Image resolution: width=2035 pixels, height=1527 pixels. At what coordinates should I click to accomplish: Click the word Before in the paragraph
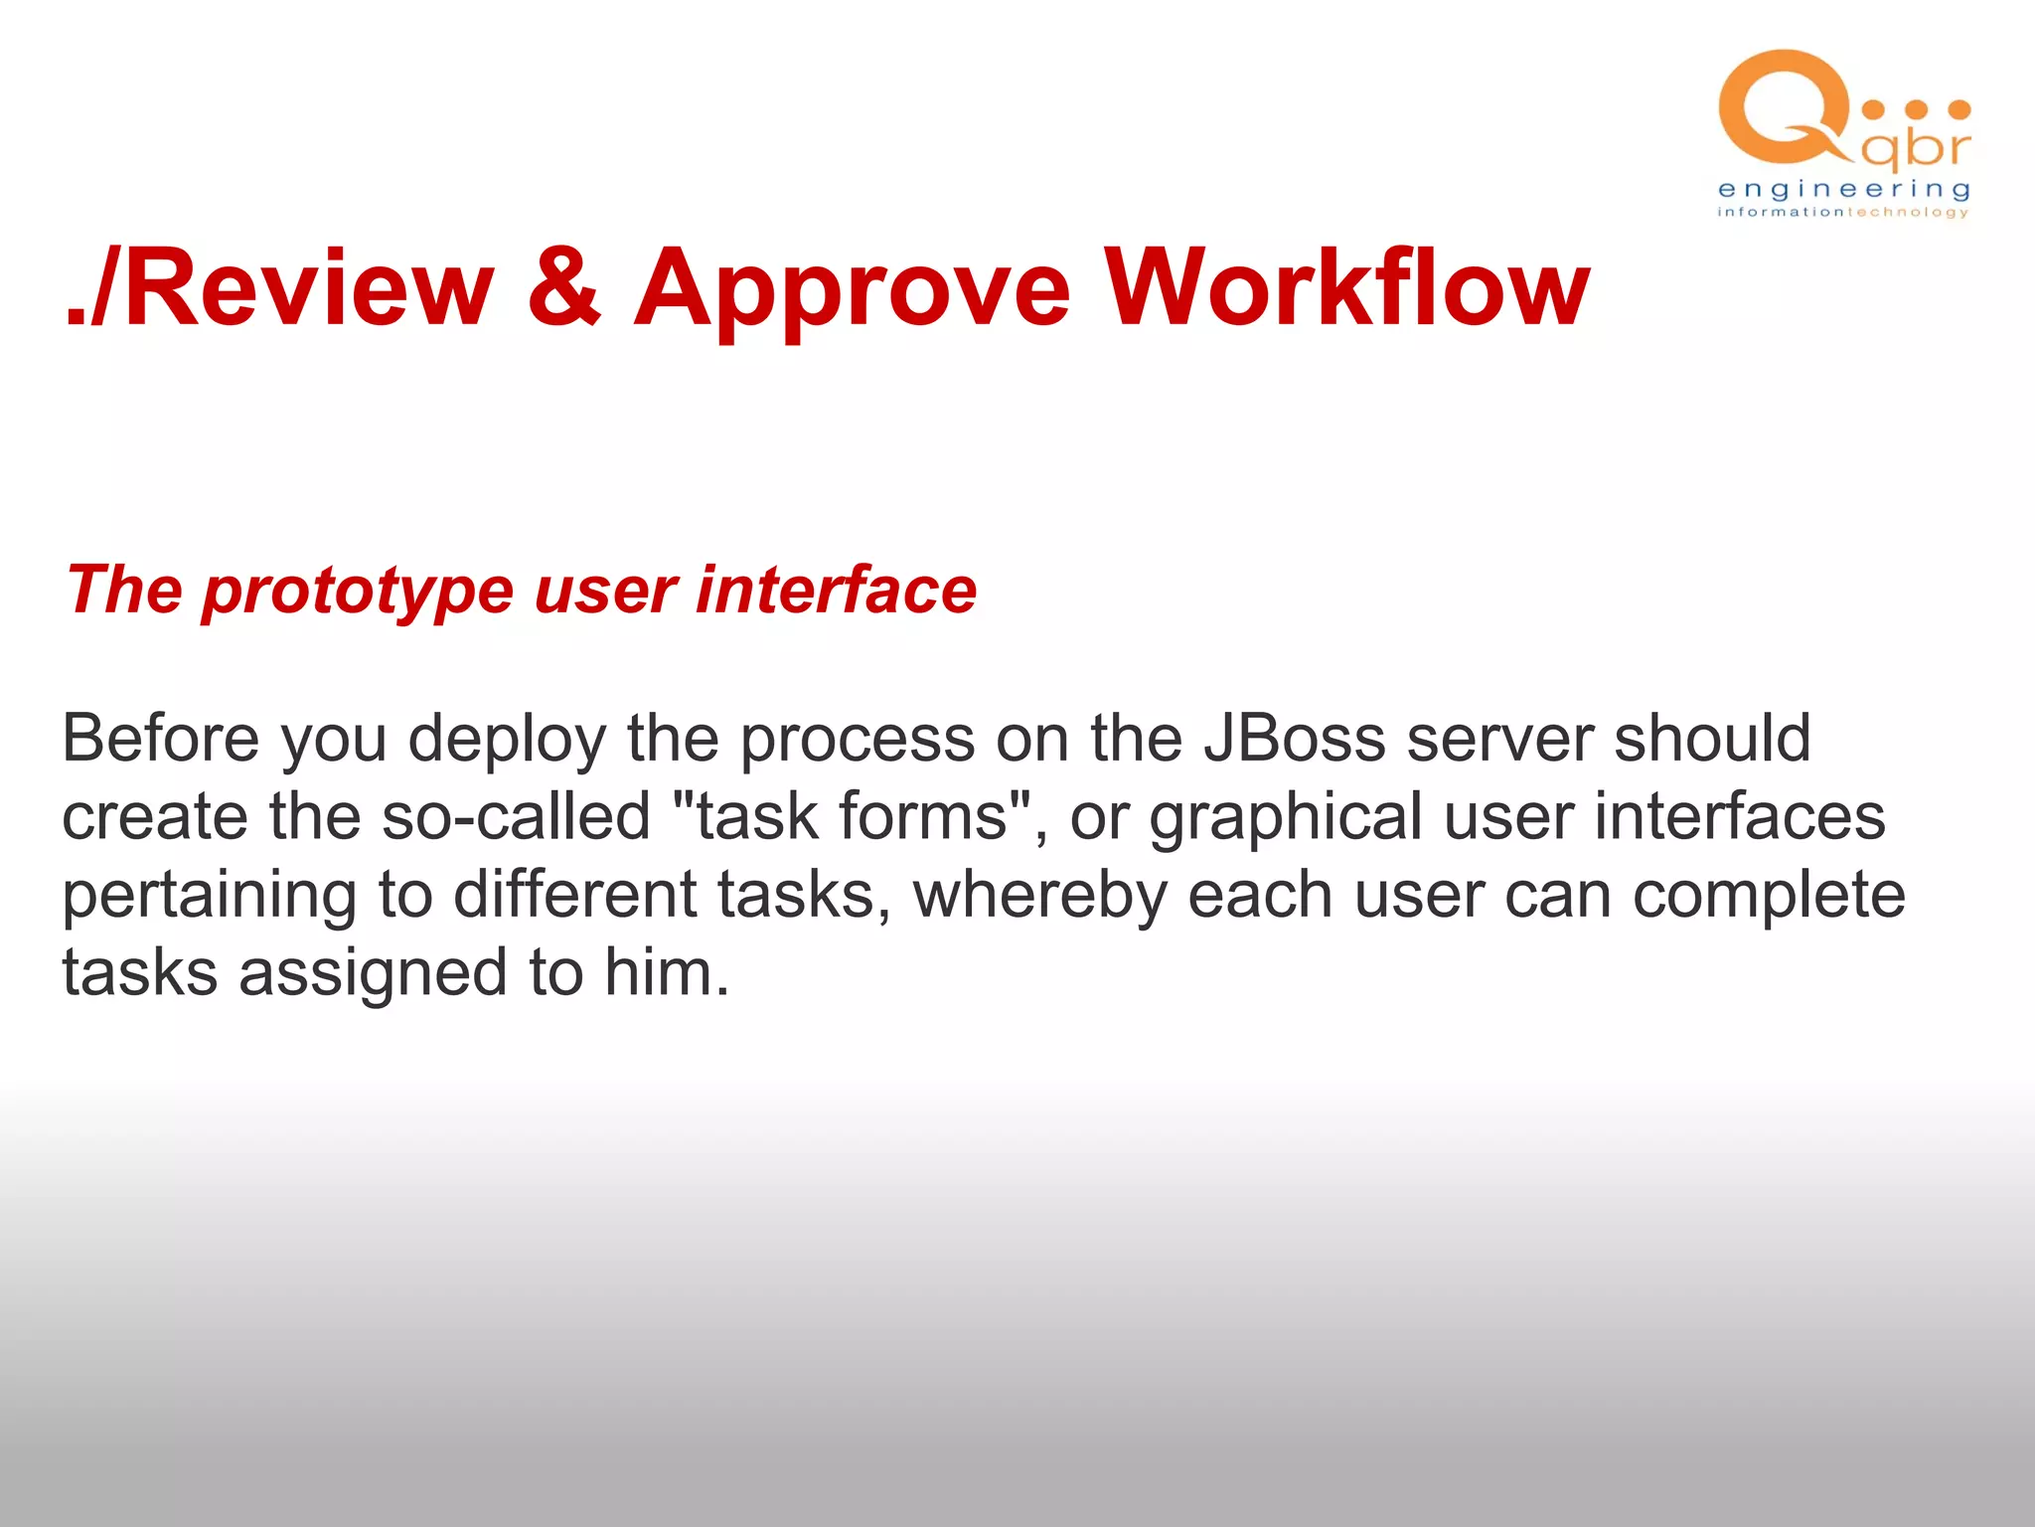pos(160,739)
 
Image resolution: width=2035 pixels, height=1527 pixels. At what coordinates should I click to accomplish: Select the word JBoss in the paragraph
pos(1293,739)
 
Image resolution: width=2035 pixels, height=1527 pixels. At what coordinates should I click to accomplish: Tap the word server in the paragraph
pos(1499,741)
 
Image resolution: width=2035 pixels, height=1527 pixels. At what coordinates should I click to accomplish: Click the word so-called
pos(516,817)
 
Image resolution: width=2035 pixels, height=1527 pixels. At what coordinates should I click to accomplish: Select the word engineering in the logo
pos(1843,189)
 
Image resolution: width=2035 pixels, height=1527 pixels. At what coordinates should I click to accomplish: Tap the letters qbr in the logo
pos(1915,149)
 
